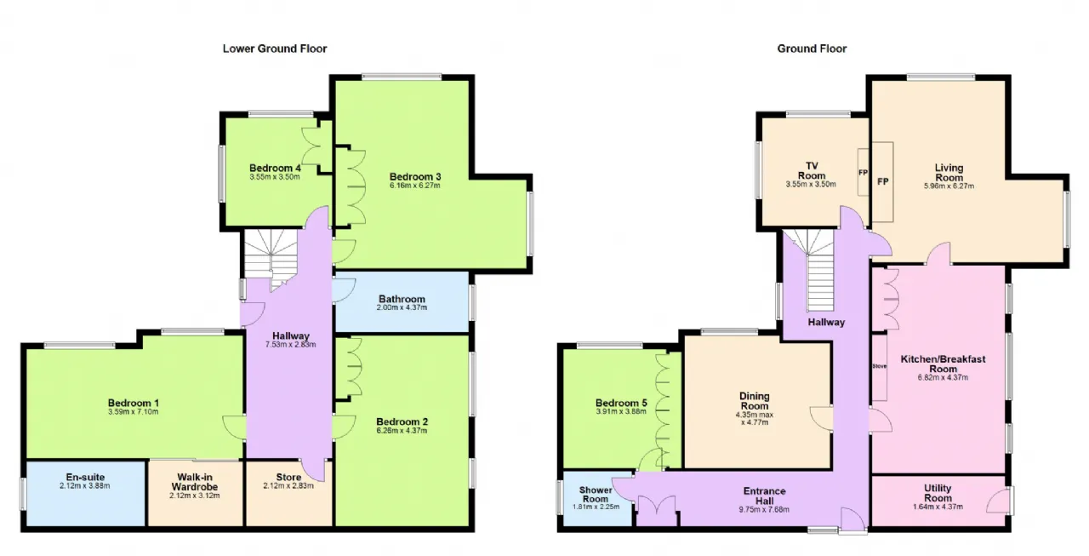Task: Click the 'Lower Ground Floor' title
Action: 275,49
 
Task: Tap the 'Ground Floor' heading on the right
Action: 812,49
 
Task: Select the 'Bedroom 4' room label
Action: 275,169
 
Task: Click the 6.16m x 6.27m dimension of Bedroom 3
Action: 414,186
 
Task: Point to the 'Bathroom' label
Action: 402,299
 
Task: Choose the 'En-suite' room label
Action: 85,477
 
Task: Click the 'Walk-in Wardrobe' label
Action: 195,482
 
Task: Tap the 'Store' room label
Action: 288,477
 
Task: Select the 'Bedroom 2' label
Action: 402,421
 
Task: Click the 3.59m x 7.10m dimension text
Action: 134,411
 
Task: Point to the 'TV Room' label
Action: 812,171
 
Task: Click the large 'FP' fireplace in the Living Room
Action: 882,182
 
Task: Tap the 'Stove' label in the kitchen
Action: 879,366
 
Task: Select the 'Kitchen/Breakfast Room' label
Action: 943,364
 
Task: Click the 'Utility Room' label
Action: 938,493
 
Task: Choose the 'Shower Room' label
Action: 595,494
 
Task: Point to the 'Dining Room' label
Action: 754,401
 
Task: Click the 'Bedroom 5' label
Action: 621,403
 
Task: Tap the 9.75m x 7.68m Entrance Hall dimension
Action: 764,510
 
